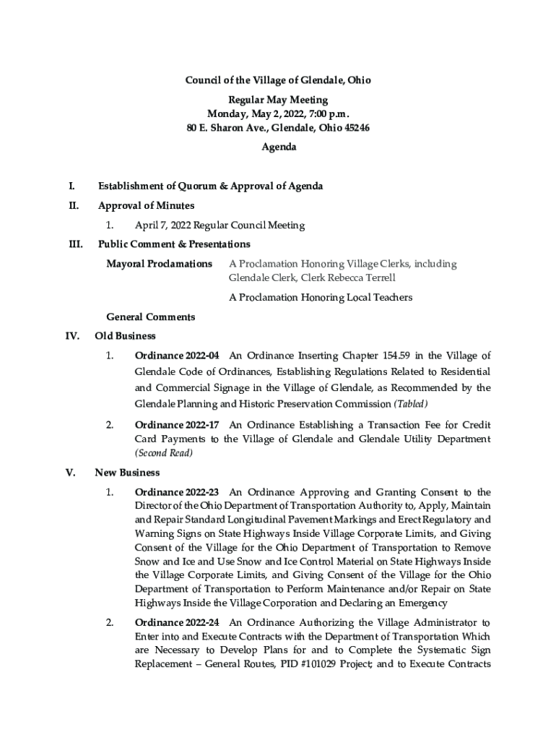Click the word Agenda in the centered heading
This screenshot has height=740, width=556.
278,147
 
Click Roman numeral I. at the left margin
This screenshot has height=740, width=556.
71,186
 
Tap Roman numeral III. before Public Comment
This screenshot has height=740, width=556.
74,244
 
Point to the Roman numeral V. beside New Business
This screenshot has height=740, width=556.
71,473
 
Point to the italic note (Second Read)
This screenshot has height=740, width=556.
164,454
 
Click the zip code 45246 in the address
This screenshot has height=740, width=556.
355,128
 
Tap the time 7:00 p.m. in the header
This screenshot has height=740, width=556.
328,114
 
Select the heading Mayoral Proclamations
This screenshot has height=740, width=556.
159,264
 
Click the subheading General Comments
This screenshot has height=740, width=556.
150,317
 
